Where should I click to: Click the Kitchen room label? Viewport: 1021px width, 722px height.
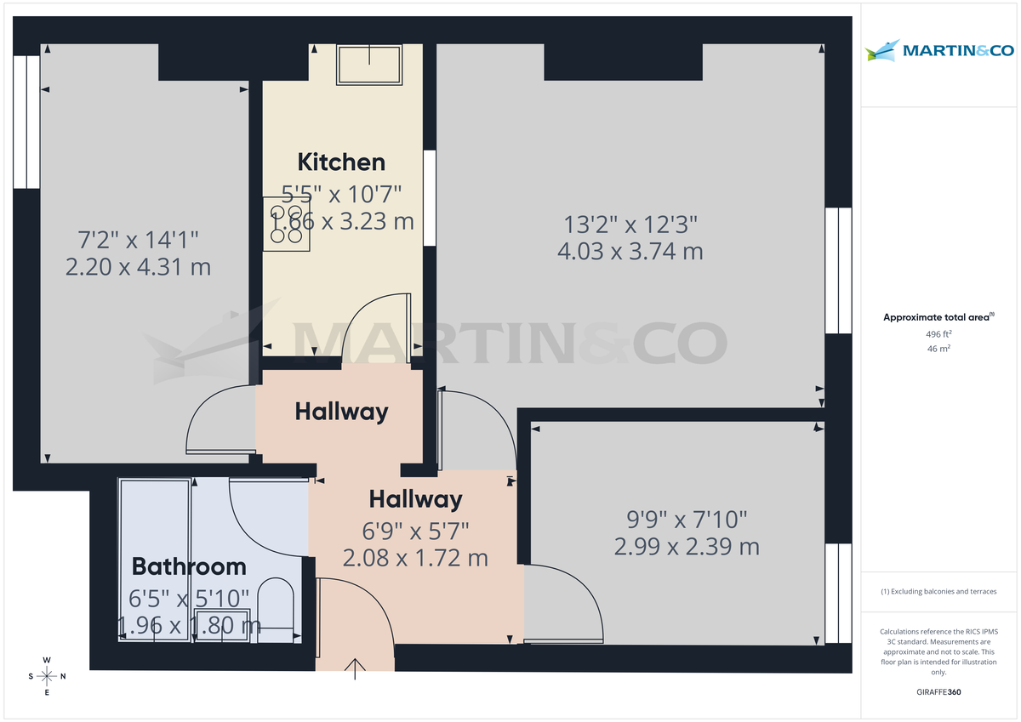click(341, 162)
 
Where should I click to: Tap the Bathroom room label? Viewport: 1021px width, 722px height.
click(189, 566)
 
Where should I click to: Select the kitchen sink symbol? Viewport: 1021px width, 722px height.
click(370, 65)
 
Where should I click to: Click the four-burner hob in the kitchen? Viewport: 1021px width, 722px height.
click(286, 224)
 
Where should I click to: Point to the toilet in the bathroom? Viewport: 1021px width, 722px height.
click(275, 605)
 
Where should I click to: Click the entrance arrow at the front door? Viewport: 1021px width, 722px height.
click(356, 668)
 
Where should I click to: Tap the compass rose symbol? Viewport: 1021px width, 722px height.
click(47, 676)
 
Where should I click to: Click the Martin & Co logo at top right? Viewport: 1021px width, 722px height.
click(940, 51)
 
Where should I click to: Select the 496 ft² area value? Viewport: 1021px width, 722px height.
click(939, 334)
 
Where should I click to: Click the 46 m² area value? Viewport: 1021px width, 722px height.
click(939, 349)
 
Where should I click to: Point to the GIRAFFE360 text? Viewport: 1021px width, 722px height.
click(940, 692)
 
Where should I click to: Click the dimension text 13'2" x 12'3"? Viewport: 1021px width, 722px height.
click(630, 225)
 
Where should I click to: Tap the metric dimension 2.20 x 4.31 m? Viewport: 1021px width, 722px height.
click(138, 267)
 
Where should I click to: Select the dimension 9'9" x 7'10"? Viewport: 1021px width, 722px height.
click(687, 518)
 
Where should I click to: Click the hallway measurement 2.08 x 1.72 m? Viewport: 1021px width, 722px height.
click(415, 558)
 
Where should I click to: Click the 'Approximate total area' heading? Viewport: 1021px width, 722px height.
click(938, 317)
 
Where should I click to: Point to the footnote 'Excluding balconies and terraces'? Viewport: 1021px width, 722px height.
click(939, 591)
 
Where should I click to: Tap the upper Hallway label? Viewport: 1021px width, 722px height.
click(341, 412)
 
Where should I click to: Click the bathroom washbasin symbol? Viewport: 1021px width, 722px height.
click(222, 623)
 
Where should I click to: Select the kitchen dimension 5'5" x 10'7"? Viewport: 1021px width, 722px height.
click(341, 194)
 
